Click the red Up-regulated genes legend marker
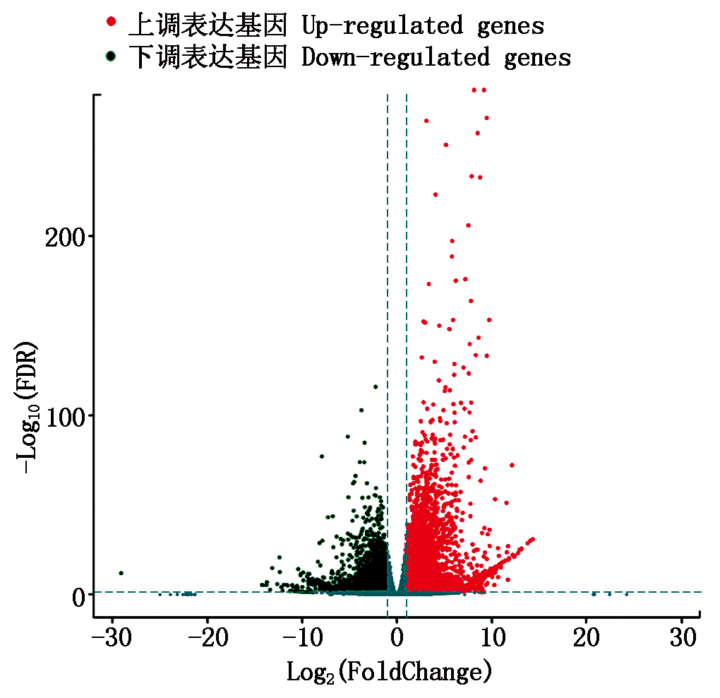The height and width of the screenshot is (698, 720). click(110, 23)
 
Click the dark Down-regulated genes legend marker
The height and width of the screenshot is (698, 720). click(110, 55)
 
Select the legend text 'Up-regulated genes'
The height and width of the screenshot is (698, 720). click(422, 25)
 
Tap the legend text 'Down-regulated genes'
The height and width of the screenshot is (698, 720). click(436, 57)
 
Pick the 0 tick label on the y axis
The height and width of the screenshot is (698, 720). click(77, 596)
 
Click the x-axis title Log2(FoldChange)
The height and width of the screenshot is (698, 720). click(388, 671)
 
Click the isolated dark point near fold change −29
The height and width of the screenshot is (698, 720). click(121, 573)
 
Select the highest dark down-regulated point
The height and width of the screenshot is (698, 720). click(376, 386)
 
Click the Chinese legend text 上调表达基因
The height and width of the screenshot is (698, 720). click(207, 25)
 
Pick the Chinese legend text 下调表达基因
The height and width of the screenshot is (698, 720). click(207, 57)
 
